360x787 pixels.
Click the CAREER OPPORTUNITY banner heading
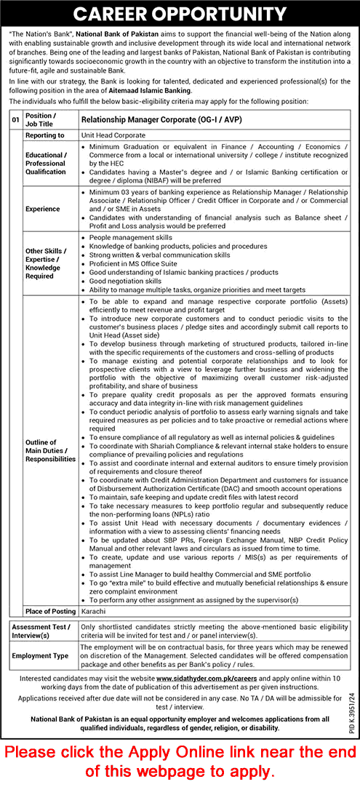pyautogui.click(x=180, y=13)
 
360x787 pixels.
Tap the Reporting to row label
pyautogui.click(x=45, y=135)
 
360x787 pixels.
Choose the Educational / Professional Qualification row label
pyautogui.click(x=46, y=164)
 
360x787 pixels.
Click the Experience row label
pyautogui.click(x=42, y=209)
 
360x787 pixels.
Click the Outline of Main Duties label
pyautogui.click(x=49, y=451)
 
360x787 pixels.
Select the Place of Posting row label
pyautogui.click(x=49, y=611)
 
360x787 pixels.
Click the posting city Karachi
pyautogui.click(x=92, y=611)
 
